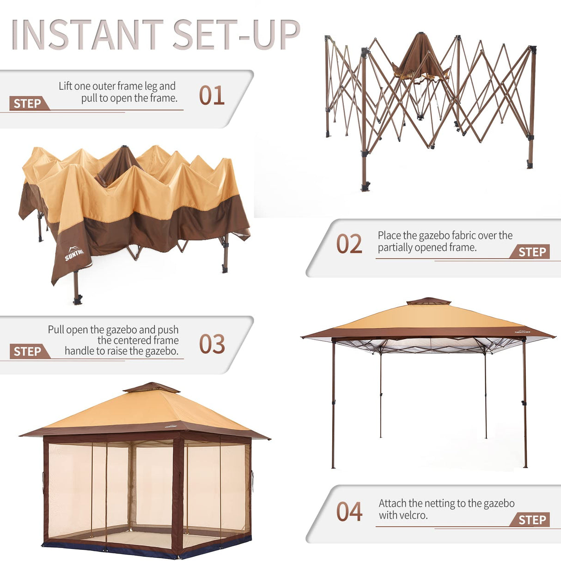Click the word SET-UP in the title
tap(236, 35)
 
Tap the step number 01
tap(212, 96)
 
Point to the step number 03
tap(212, 344)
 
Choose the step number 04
tap(349, 512)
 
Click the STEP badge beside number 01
tap(28, 104)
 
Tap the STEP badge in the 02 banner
tap(531, 252)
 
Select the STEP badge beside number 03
tap(28, 352)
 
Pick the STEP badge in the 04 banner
tap(531, 520)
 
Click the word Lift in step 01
tap(65, 86)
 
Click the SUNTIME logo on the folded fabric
tap(74, 254)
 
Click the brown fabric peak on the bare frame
tap(421, 53)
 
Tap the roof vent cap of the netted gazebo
tap(151, 387)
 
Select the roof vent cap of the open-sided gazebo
tap(428, 301)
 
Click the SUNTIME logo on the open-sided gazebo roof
tap(522, 331)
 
